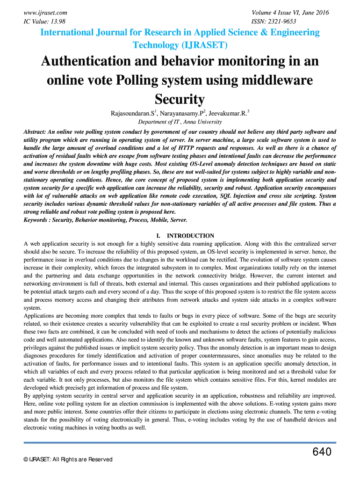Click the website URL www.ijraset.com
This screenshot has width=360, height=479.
[45, 13]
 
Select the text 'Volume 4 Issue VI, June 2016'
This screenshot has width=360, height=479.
[290, 13]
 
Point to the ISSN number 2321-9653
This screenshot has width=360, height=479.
[283, 22]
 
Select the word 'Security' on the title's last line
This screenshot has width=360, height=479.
[180, 99]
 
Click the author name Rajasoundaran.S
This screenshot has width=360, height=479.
[132, 114]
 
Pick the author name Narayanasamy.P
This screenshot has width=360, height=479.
[182, 114]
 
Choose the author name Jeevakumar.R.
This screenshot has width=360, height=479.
[227, 114]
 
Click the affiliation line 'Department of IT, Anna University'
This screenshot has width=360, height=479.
[180, 122]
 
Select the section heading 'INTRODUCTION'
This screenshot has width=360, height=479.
[190, 236]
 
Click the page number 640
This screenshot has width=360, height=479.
[322, 452]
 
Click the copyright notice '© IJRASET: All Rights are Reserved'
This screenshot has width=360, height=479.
[68, 460]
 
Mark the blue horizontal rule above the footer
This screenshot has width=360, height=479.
[180, 443]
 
